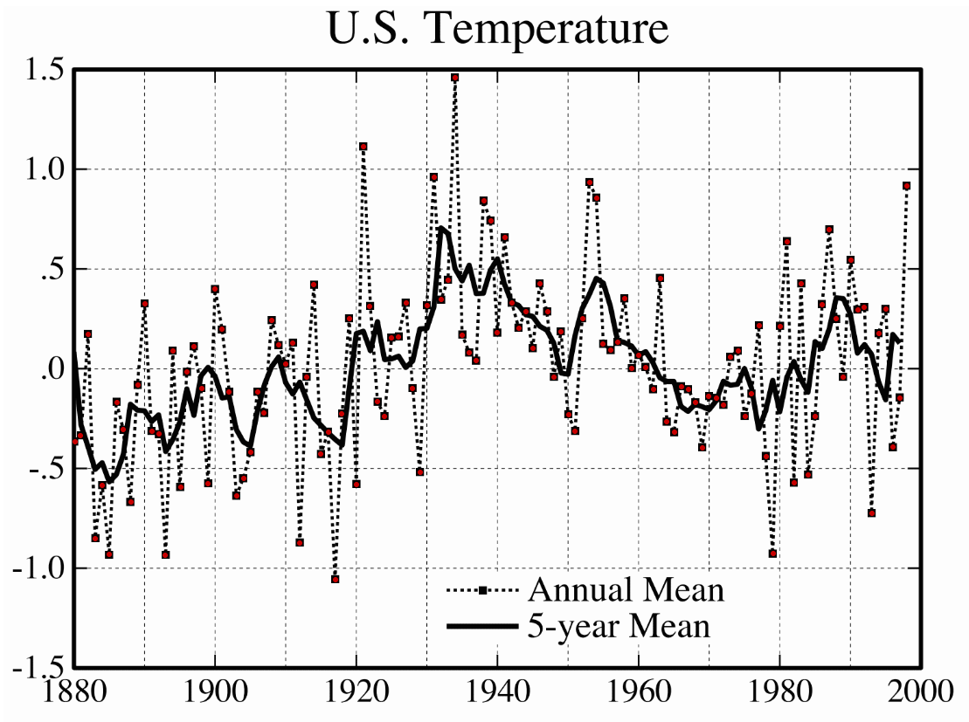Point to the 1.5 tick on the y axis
[41, 70]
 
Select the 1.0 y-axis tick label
[41, 169]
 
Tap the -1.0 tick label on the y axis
[36, 568]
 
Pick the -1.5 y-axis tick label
[36, 668]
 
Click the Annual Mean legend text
[626, 591]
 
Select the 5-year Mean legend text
[619, 626]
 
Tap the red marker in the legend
[482, 591]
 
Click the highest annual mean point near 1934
[455, 78]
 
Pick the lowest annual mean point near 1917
[335, 579]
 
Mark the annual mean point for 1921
[363, 147]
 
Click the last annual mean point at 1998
[907, 186]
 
